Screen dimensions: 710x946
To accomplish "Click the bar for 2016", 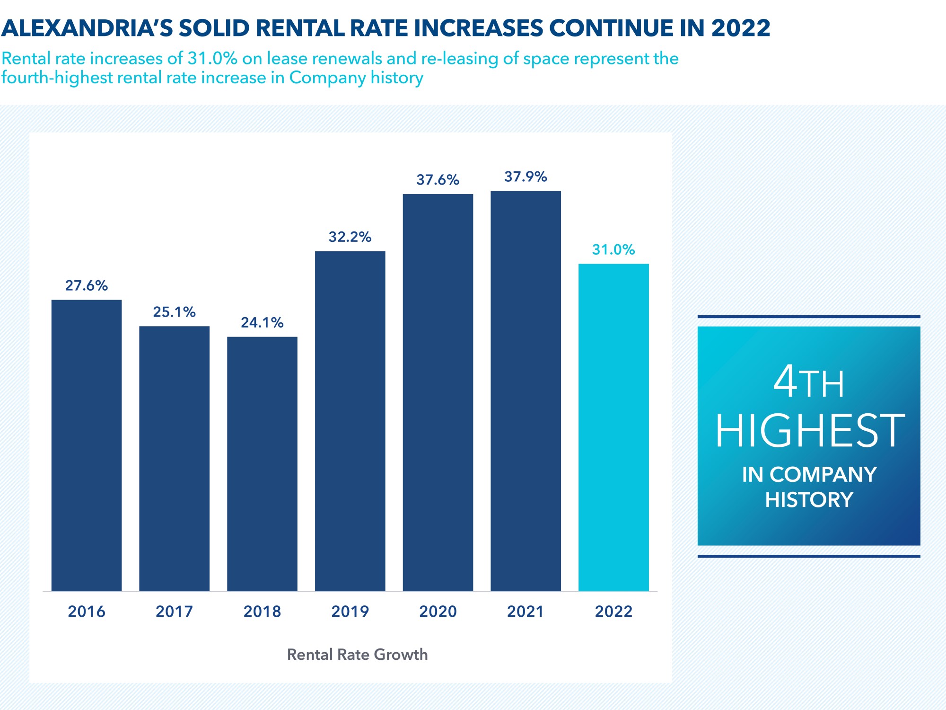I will [87, 445].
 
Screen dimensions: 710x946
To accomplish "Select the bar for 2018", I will [262, 464].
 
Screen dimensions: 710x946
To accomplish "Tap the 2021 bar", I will [526, 390].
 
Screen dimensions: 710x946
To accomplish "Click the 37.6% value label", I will [438, 180].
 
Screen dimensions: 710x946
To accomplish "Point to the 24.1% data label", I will [262, 323].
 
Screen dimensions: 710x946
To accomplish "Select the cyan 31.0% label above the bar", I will [613, 249].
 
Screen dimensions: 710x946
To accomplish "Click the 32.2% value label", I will [350, 237].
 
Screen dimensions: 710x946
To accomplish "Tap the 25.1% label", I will [174, 312].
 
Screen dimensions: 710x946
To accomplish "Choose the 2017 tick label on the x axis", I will [174, 612].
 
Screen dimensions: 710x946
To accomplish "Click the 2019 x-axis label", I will [350, 612].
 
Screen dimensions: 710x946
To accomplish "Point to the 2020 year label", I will [438, 612].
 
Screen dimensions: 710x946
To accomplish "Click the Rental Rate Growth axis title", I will [357, 655].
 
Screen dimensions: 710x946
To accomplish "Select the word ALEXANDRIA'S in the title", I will [88, 28].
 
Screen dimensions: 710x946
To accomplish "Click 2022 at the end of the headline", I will [741, 28].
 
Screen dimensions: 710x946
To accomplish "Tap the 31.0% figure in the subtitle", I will [212, 58].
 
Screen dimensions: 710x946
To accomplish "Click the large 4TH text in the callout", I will [809, 382].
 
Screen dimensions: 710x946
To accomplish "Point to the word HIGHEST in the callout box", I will [810, 431].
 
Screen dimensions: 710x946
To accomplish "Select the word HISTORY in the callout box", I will [809, 500].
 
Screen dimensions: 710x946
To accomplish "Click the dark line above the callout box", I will [809, 317].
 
